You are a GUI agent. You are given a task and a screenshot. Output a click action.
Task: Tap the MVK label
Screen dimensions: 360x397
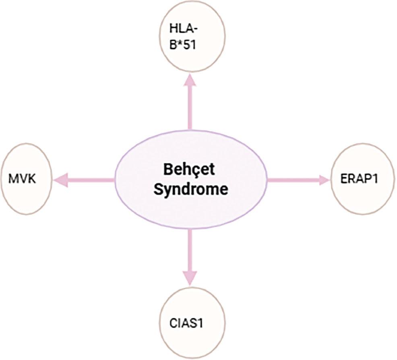point(22,178)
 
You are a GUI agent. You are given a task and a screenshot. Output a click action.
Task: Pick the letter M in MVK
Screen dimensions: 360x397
point(14,178)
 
